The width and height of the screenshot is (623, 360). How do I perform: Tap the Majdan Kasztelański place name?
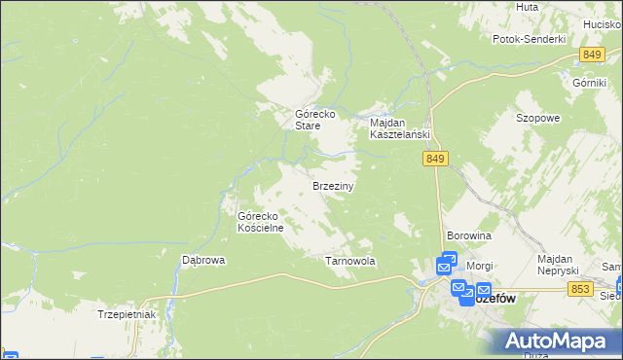399,128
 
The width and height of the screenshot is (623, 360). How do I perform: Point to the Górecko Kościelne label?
260,222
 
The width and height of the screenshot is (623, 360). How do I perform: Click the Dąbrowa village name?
203,260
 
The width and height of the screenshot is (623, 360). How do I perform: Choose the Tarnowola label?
349,261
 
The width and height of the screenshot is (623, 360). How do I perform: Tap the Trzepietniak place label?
127,314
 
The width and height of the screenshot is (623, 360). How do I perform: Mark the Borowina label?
468,235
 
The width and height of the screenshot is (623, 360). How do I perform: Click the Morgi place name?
480,265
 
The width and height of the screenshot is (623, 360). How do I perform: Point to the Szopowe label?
537,118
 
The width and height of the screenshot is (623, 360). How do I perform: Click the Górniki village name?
590,82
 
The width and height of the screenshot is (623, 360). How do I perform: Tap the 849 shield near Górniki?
591,54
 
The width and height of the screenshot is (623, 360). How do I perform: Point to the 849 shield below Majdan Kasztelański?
435,159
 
